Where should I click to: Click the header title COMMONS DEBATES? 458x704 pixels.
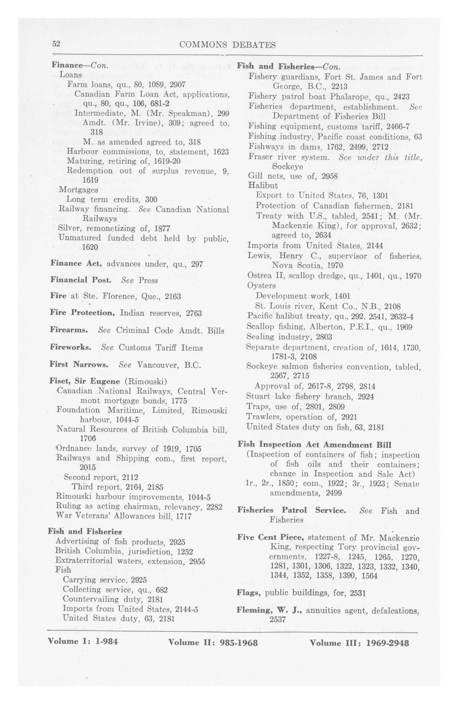tap(227, 45)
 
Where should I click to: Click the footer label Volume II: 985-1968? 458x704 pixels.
tap(213, 643)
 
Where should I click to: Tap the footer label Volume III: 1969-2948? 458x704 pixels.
tap(359, 643)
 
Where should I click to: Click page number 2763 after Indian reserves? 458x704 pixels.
tap(194, 313)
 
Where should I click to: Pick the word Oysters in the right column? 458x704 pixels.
tap(261, 286)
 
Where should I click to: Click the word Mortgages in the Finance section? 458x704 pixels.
tap(78, 189)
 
